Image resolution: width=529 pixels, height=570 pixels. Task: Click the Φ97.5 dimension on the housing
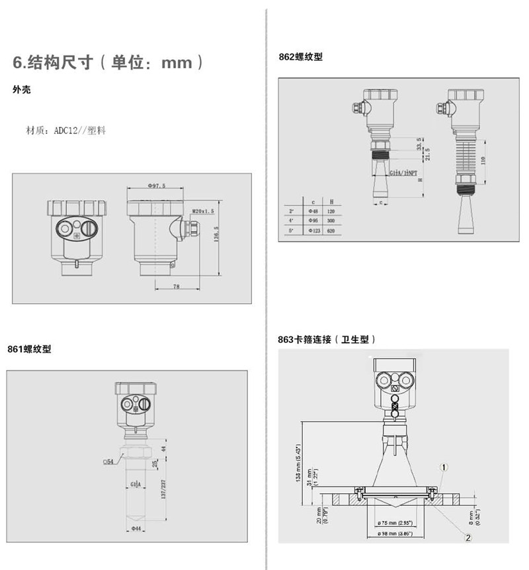[x=156, y=186]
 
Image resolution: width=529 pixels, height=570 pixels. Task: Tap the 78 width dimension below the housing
[x=176, y=286]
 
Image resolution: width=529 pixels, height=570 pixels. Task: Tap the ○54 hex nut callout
[x=108, y=460]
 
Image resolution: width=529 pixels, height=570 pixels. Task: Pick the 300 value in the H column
[x=331, y=220]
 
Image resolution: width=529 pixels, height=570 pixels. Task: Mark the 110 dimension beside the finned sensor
[x=483, y=160]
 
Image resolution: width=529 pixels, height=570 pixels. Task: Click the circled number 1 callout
[x=444, y=466]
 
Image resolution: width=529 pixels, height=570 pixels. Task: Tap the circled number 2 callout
[x=468, y=538]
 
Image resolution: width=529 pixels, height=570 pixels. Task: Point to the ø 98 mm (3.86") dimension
[x=395, y=532]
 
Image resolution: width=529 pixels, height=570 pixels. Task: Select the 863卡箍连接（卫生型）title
[x=327, y=340]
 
